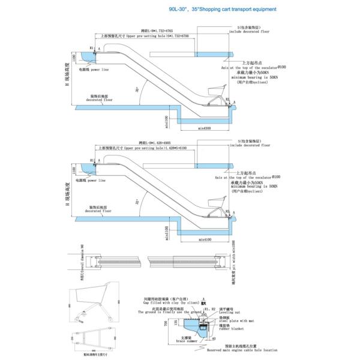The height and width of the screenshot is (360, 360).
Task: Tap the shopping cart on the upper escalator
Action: point(215,91)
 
